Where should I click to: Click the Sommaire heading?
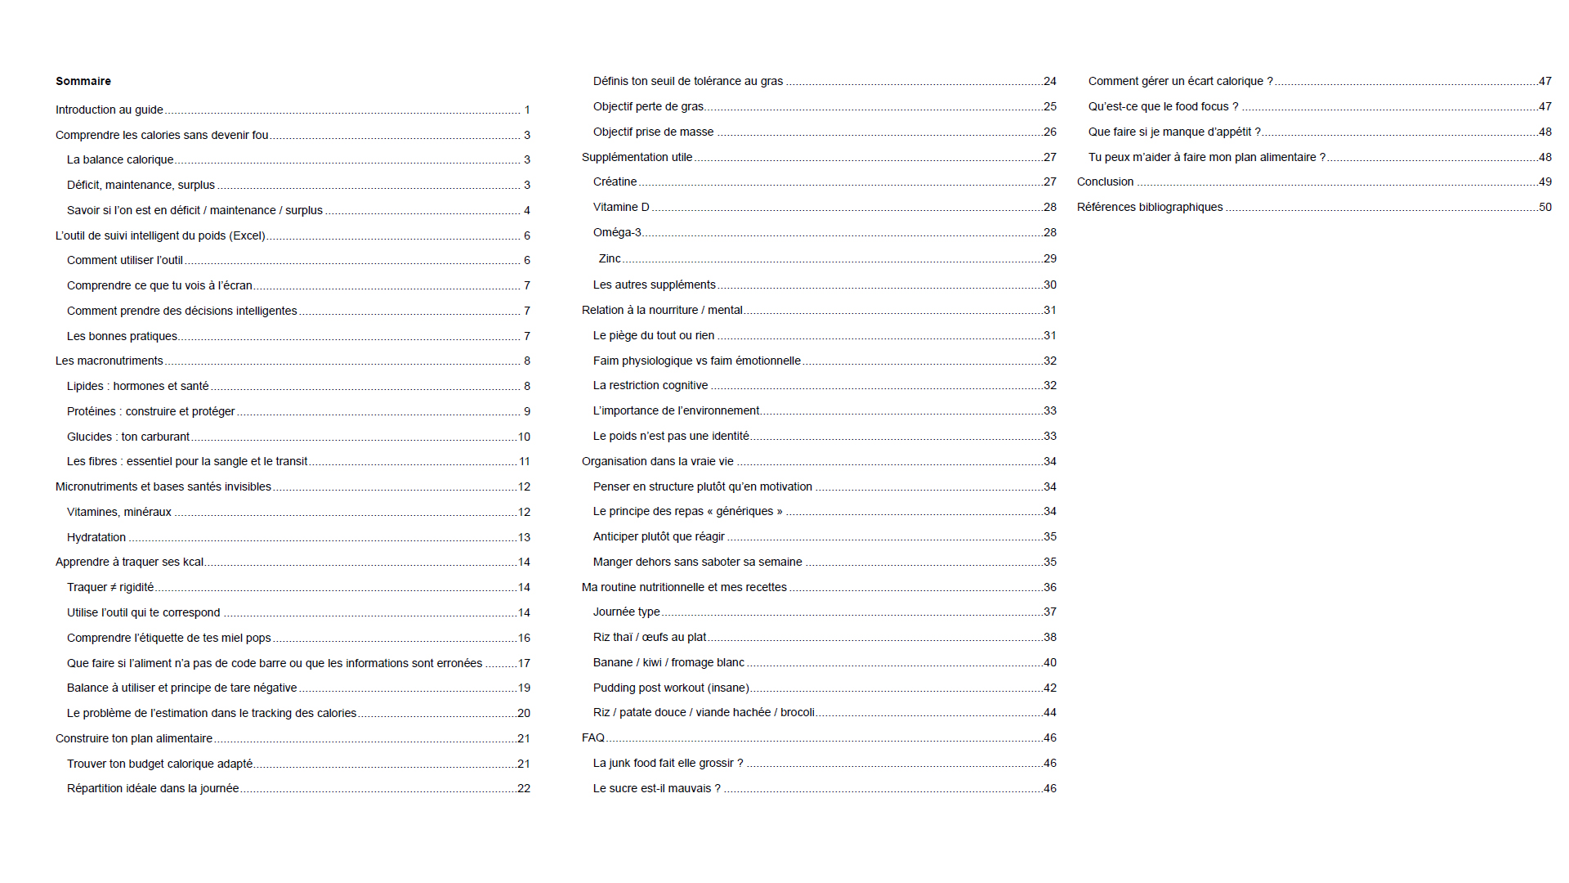tap(83, 81)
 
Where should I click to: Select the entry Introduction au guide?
tap(110, 110)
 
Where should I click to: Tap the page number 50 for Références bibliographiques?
tap(1544, 207)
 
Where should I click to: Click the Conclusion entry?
tap(1105, 182)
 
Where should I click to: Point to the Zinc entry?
tap(610, 258)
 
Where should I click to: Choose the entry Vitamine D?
tap(621, 207)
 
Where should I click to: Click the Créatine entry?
tap(615, 182)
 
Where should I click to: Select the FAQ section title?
tap(593, 737)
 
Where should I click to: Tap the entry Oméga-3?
tap(617, 232)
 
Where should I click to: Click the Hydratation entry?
tap(96, 537)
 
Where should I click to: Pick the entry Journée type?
tap(626, 612)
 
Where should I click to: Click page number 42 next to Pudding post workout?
tap(1050, 688)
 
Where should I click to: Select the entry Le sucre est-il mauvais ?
tap(657, 788)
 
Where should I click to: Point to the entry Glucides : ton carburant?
tap(128, 437)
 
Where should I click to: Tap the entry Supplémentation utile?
tap(637, 157)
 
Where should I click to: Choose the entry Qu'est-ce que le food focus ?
tap(1163, 106)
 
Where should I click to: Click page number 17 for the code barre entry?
tap(524, 663)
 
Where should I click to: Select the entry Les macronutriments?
tap(110, 361)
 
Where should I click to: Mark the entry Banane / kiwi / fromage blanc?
tap(668, 662)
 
